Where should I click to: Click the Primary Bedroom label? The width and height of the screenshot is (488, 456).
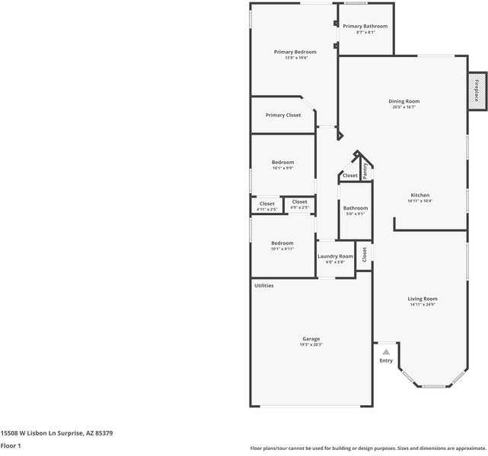click(295, 52)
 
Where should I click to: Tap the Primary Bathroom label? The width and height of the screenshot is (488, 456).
click(365, 26)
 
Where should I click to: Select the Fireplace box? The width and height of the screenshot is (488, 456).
click(477, 90)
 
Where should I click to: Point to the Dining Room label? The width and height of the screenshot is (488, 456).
click(403, 101)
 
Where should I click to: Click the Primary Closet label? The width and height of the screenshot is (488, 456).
click(282, 116)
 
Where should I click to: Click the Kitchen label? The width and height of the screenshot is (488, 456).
click(419, 195)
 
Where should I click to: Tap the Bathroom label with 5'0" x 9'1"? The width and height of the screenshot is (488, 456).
click(355, 208)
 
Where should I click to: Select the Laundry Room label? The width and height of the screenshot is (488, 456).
click(335, 256)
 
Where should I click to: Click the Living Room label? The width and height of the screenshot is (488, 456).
click(422, 299)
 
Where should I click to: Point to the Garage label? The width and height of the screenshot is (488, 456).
click(311, 339)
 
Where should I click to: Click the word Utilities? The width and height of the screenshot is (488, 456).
click(264, 286)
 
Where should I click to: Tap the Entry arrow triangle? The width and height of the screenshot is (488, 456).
click(386, 352)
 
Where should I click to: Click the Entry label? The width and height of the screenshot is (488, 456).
click(386, 360)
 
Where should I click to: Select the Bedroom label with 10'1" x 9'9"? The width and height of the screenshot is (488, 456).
click(282, 162)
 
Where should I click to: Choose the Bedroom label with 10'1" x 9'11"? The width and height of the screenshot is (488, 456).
click(282, 243)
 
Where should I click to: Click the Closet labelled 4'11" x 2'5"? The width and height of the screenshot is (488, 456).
click(266, 204)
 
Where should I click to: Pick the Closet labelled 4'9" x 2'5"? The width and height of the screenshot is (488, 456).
click(299, 201)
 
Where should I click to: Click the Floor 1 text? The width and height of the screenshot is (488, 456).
click(10, 445)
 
